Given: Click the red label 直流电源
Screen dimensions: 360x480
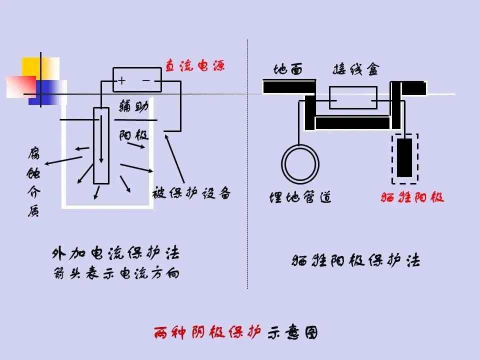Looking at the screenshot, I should pos(194,65).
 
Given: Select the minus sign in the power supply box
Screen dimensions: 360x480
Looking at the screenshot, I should pos(146,80).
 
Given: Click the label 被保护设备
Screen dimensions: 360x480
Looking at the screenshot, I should pos(191,193).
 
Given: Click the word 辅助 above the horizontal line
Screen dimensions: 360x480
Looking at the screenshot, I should pos(133,107).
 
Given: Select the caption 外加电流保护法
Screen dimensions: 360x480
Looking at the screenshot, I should pos(115,253).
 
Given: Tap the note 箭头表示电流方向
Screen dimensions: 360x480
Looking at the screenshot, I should pos(115,273).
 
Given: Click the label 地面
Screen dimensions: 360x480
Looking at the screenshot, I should pos(288,69).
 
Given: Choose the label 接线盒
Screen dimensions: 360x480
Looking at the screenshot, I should pos(356,69).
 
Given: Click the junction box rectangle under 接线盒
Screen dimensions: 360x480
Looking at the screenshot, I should pos(353,97).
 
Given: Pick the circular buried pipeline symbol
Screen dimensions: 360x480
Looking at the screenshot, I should pos(300,163).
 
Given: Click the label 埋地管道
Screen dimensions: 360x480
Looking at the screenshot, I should pos(300,197).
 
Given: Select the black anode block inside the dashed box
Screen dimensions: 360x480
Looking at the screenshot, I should pos(404,157).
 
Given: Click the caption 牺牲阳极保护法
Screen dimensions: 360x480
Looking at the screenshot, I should pos(355,260).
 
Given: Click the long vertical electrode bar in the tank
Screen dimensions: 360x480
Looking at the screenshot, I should pos(101,145).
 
